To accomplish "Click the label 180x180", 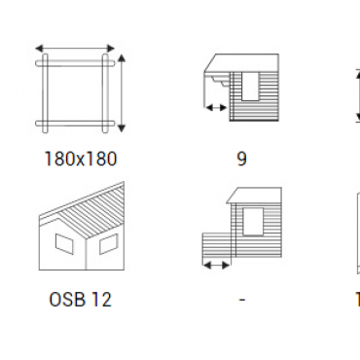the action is [x=80, y=159].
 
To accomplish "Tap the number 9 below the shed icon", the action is [x=242, y=159].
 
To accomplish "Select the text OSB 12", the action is [x=80, y=299].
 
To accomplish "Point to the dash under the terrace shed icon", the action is [x=242, y=300].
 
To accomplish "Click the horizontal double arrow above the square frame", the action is [x=75, y=49].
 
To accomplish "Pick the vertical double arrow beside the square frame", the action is [x=122, y=93].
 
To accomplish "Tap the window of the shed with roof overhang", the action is [x=250, y=87].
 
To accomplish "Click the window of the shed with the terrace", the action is [x=253, y=222].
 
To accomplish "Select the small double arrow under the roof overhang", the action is [x=216, y=107].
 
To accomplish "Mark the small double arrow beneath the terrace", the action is [x=216, y=266].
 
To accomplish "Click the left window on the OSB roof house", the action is [x=64, y=244].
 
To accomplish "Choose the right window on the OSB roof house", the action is [x=108, y=243].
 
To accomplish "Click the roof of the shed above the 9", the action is [x=242, y=62].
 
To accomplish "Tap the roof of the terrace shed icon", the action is [x=254, y=196].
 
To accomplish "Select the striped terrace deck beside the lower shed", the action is [x=216, y=245].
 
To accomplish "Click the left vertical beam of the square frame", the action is [x=46, y=93].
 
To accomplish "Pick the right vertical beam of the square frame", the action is [x=105, y=93].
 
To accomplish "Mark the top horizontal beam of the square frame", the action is [x=75, y=63].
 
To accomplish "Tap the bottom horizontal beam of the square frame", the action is [x=75, y=124].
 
